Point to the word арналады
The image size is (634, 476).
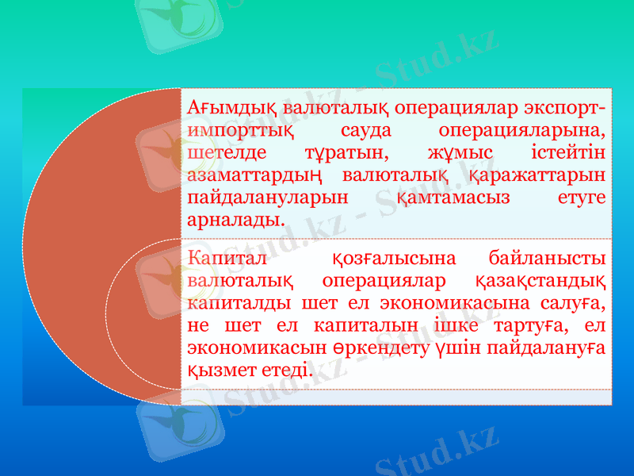coord(235,218)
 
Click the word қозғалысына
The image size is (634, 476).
coord(394,259)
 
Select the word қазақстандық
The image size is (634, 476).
coord(541,281)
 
